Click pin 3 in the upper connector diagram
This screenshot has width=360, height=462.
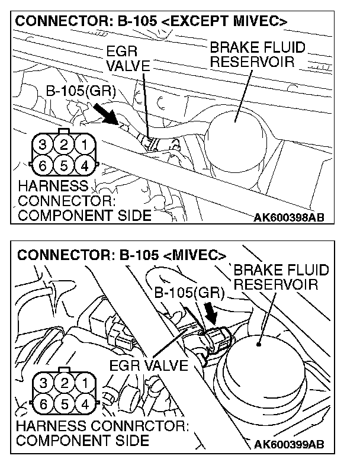(43, 144)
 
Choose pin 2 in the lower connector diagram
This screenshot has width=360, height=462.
(64, 383)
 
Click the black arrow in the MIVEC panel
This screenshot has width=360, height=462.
(211, 311)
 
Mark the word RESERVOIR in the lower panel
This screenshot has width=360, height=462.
(276, 284)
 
